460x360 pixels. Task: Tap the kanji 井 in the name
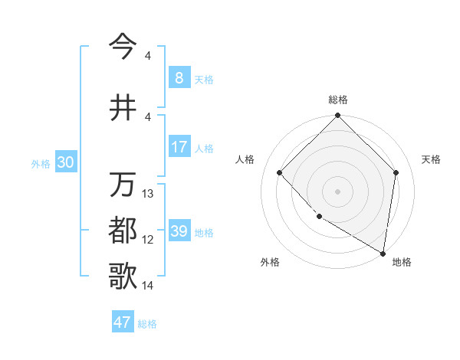point(124,107)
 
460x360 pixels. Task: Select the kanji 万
point(124,185)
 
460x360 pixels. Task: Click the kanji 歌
point(124,276)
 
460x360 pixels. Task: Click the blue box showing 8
point(179,78)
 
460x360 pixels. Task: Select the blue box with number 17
point(179,147)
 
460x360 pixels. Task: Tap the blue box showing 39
point(179,231)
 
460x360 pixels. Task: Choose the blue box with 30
point(64,162)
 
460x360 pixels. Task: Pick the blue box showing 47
point(122,322)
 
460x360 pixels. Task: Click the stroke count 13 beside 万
point(148,194)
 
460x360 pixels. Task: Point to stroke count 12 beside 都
point(148,240)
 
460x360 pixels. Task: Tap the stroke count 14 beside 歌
point(148,286)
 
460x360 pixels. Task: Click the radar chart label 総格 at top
point(337,100)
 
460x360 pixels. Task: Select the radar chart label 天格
point(431,159)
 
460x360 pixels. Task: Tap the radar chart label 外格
point(270,262)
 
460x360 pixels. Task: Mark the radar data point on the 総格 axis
point(337,116)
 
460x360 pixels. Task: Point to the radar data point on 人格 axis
point(280,172)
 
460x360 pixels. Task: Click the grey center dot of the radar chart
point(337,191)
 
